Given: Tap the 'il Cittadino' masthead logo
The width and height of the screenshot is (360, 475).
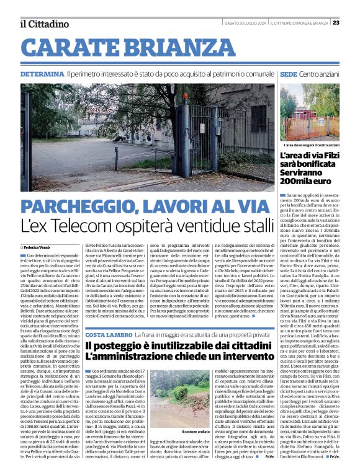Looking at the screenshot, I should (x=44, y=24).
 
